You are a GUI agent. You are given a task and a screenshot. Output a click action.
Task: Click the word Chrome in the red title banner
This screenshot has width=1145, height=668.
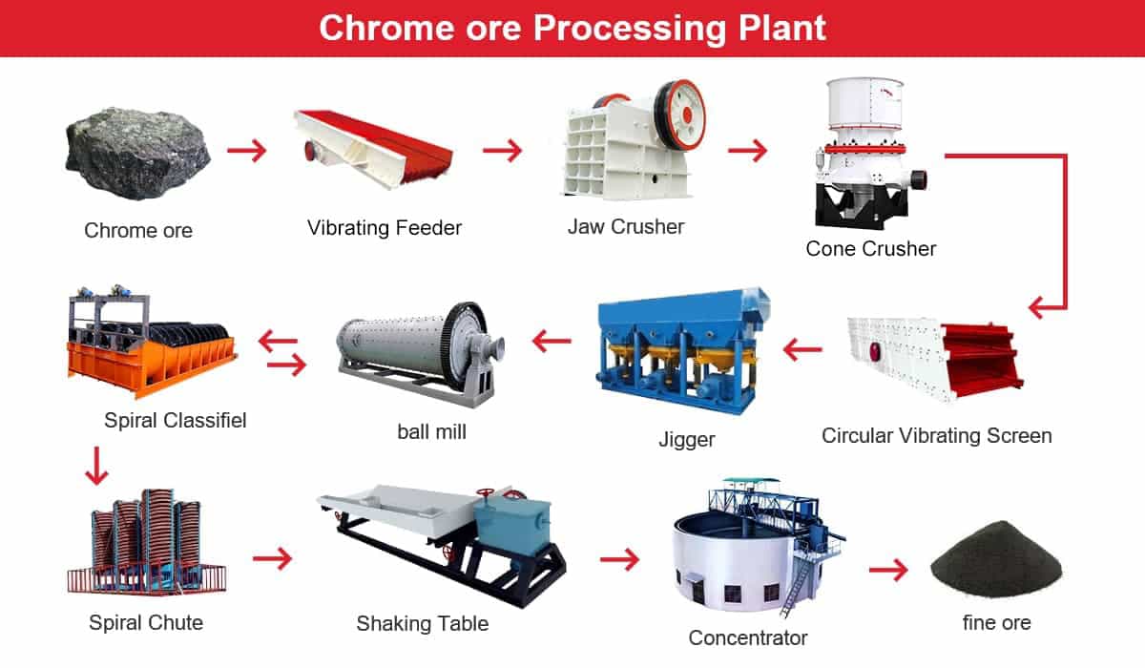(x=386, y=28)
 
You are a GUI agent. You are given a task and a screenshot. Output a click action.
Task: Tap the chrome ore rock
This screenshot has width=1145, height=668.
(x=137, y=153)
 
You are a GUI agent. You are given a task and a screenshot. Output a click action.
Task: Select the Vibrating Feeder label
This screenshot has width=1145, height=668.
(x=385, y=228)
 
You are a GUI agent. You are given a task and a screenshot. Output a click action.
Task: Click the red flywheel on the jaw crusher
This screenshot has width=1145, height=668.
(x=679, y=115)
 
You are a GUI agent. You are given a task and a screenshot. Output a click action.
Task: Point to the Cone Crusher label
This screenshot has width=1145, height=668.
(x=871, y=249)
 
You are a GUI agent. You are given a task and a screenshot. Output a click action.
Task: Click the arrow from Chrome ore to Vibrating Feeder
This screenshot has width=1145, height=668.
(x=247, y=150)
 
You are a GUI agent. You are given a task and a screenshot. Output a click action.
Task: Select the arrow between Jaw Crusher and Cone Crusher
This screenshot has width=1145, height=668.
(x=747, y=150)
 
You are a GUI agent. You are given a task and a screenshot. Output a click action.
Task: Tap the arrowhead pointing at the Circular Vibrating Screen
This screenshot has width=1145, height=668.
(x=1038, y=307)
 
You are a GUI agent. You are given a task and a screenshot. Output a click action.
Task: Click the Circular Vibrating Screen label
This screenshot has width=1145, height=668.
(x=936, y=436)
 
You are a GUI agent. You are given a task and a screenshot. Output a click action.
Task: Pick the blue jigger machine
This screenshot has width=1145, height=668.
(x=683, y=350)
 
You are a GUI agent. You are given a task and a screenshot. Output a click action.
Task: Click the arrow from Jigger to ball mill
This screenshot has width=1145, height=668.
(x=552, y=341)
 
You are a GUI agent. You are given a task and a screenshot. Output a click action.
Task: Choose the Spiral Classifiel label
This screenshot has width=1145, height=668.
(x=176, y=421)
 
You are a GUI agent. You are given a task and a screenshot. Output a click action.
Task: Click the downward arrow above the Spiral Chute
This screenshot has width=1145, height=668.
(x=96, y=466)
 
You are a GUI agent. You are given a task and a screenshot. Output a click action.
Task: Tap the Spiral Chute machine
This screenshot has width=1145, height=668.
(x=147, y=542)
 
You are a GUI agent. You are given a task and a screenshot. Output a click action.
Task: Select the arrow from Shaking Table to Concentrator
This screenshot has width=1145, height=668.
(x=619, y=559)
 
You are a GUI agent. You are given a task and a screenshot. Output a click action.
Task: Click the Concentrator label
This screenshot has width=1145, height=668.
(x=748, y=637)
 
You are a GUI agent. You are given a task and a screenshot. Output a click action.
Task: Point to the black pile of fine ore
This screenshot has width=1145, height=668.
(x=996, y=559)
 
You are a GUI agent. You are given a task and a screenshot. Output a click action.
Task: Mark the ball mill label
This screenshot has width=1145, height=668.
(x=432, y=432)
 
